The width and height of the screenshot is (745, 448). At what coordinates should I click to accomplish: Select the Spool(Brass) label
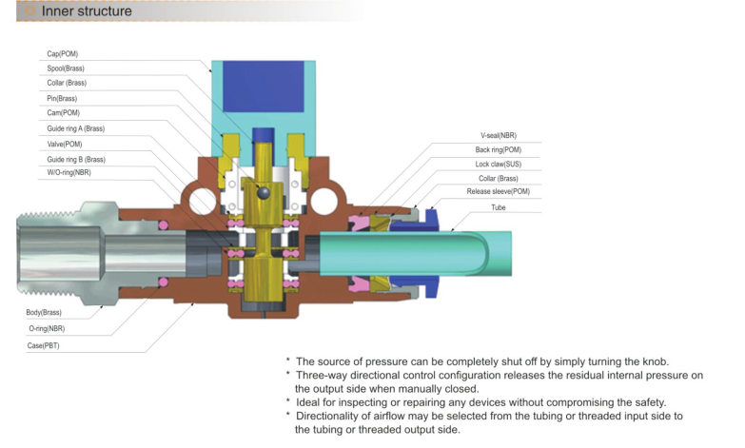[x=66, y=68]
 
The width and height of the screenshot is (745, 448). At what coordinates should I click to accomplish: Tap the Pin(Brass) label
[x=62, y=99]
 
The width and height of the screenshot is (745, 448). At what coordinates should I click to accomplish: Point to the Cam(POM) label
[x=63, y=113]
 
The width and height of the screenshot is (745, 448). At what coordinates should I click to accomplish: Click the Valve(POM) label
[x=65, y=144]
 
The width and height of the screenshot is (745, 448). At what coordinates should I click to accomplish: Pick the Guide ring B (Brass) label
[x=75, y=159]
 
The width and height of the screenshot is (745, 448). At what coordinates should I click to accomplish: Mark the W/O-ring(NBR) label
[x=69, y=173]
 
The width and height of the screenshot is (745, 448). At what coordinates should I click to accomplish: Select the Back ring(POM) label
[x=499, y=150]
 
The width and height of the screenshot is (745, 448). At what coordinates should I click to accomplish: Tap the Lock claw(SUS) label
[x=498, y=165]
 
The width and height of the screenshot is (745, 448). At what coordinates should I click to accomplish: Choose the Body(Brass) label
[x=46, y=313]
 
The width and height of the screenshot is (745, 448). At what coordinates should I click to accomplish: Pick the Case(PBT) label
[x=45, y=345]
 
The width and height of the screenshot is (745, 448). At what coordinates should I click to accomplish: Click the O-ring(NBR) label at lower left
[x=47, y=328]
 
